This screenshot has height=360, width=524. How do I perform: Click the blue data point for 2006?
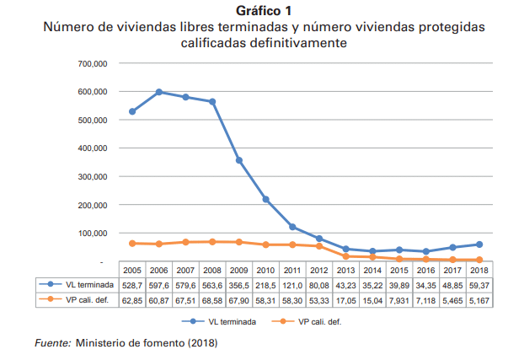pyautogui.click(x=159, y=92)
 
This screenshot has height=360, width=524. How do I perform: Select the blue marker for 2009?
pyautogui.click(x=239, y=160)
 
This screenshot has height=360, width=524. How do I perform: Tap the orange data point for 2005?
pyautogui.click(x=132, y=244)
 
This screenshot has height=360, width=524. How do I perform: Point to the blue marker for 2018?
pyautogui.click(x=479, y=244)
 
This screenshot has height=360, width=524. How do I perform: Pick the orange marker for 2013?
pyautogui.click(x=346, y=256)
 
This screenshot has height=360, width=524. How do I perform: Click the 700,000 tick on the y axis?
pyautogui.click(x=93, y=63)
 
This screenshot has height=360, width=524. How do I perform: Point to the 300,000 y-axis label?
pyautogui.click(x=93, y=177)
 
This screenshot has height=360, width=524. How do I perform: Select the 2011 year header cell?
pyautogui.click(x=292, y=270)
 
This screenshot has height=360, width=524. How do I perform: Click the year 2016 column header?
pyautogui.click(x=425, y=270)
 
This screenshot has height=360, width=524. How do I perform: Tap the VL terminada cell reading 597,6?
pyautogui.click(x=159, y=286)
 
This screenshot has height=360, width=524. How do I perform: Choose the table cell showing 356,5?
pyautogui.click(x=239, y=286)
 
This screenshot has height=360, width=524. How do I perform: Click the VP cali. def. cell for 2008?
pyautogui.click(x=212, y=300)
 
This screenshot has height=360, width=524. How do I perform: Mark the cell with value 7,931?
pyautogui.click(x=399, y=300)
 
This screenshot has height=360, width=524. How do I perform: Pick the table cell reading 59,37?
pyautogui.click(x=479, y=286)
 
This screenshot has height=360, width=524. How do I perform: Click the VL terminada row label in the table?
pyautogui.click(x=89, y=285)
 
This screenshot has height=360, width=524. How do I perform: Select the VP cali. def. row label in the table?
pyautogui.click(x=88, y=300)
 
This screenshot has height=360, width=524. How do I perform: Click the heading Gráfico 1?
pyautogui.click(x=264, y=11)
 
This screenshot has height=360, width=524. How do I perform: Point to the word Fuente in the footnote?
pyautogui.click(x=53, y=343)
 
